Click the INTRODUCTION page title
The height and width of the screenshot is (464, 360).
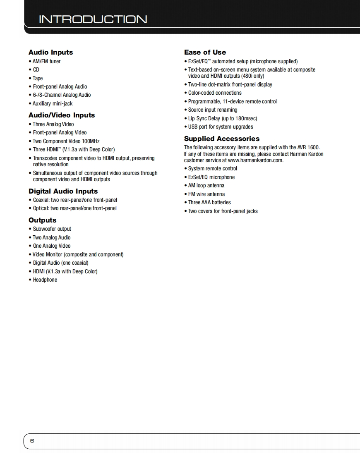click(93, 19)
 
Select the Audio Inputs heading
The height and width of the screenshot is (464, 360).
click(50, 53)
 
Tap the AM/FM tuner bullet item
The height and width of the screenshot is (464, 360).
click(47, 62)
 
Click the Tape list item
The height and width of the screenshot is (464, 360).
click(38, 79)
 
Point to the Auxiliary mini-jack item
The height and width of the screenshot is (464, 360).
click(53, 104)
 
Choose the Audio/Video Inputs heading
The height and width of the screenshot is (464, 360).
click(62, 115)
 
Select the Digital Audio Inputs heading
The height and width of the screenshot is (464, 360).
click(63, 191)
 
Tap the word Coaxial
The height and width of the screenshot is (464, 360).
click(41, 200)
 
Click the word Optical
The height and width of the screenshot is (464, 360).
click(41, 208)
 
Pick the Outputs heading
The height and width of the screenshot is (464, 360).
click(42, 220)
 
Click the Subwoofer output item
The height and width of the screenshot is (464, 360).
click(52, 229)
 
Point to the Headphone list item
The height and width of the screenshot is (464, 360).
click(45, 280)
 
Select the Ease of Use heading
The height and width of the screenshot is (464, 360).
click(205, 53)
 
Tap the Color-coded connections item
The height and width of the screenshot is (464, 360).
click(215, 93)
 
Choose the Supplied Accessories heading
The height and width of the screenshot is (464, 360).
click(222, 139)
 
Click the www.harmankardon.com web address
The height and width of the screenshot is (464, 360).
click(256, 160)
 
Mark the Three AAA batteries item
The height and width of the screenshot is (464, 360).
click(209, 203)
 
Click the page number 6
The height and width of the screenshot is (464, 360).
click(32, 441)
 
